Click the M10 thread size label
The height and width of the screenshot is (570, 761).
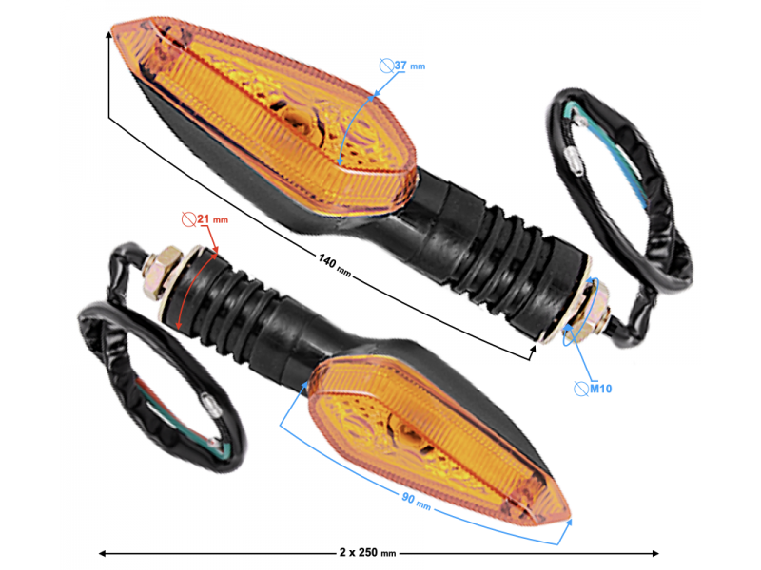(x=599, y=389)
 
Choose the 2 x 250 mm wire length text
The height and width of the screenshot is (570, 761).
(x=367, y=552)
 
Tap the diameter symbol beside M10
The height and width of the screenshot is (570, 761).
(x=580, y=389)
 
